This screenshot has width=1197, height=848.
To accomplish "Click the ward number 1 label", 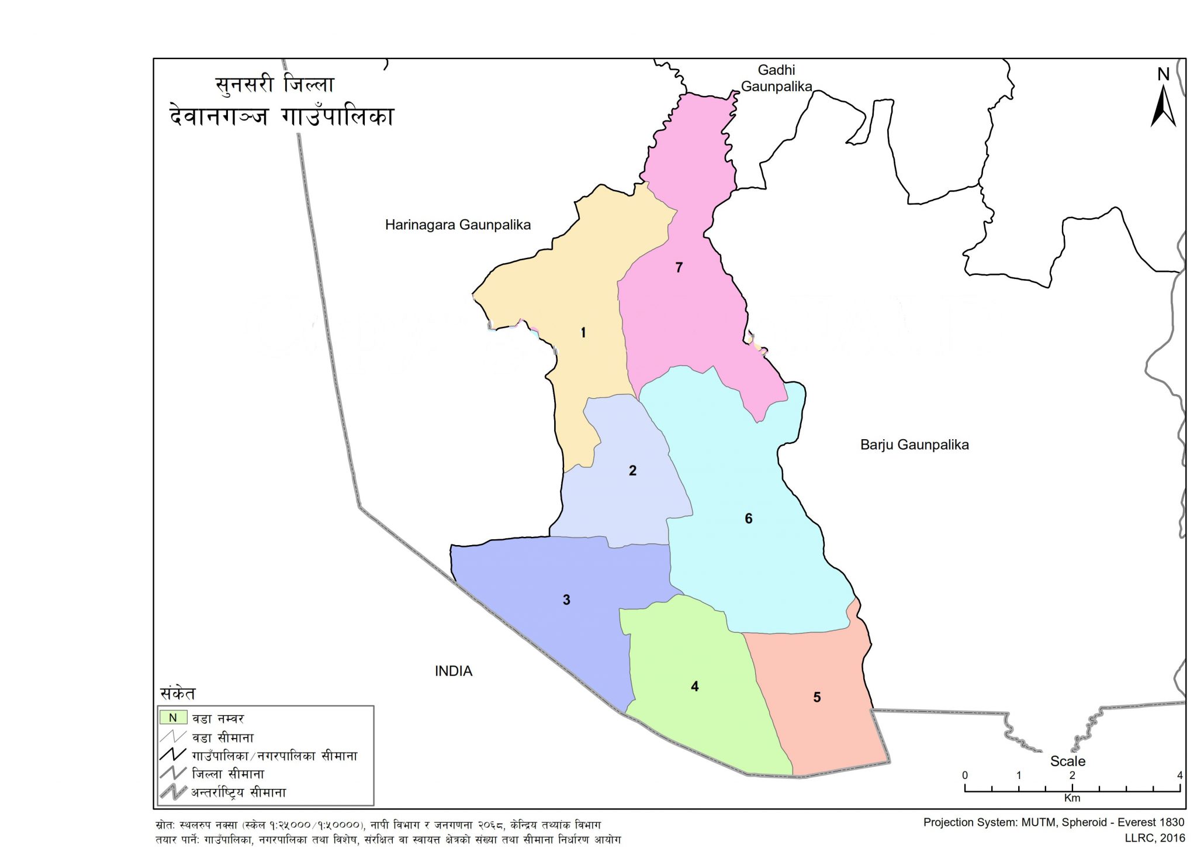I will pos(583,333).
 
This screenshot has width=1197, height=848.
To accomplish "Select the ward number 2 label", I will pos(632,471).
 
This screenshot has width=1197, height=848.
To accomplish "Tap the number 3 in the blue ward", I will pos(566,600).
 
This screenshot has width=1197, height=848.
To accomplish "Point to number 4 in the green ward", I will pos(694,687).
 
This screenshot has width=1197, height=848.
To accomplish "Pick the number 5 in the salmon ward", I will pos(817,698).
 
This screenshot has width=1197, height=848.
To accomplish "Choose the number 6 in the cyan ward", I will pos(749,519).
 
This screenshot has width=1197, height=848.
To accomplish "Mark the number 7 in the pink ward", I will pos(679,268).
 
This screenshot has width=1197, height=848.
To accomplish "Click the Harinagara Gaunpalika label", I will pos(458,225).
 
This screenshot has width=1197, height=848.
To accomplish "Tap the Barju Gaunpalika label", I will pos(914,445).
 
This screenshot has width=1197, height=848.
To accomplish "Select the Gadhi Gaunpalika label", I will pos(776,78).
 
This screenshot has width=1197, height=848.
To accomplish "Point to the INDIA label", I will pos(454,671).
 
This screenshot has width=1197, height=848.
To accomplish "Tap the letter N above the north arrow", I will pos(1163,75).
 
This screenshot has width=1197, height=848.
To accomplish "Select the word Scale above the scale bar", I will pos(1068,761).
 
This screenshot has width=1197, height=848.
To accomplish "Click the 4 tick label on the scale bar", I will pos(1179,775).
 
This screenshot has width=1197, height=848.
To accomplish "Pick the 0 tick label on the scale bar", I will pos(965,775).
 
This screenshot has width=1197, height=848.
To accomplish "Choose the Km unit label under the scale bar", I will pos(1072,798).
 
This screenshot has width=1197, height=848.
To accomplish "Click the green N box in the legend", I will pos(173,718).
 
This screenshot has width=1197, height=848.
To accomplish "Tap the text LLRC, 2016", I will pos(1154,838).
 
